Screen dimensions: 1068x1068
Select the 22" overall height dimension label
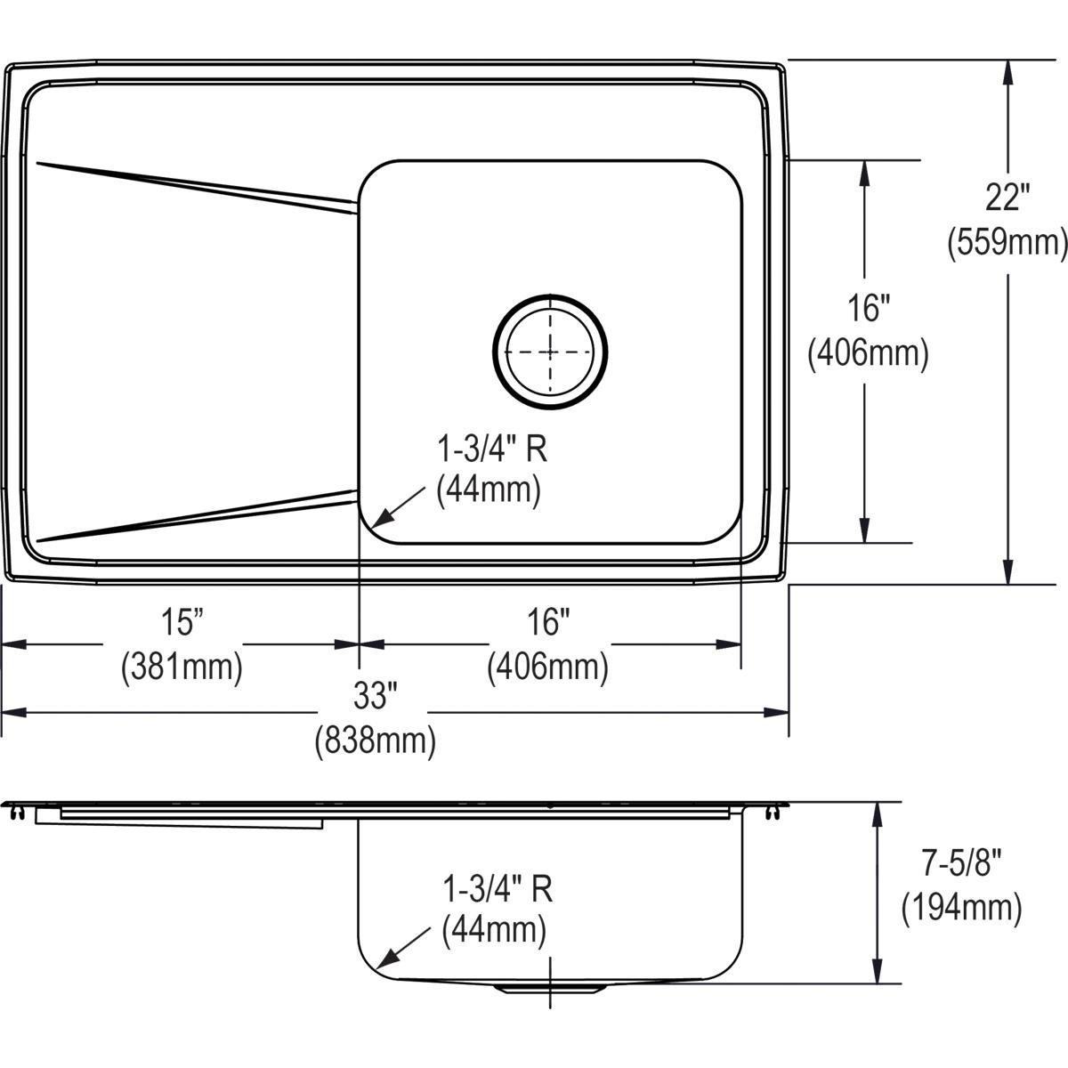tap(1007, 198)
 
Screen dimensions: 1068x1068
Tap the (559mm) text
tap(1007, 242)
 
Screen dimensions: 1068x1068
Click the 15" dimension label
tap(182, 621)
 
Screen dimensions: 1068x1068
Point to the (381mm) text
tap(182, 666)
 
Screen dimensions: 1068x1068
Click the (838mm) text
tap(375, 740)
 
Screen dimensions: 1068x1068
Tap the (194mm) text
tap(961, 908)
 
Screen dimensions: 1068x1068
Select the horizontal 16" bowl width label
tap(547, 621)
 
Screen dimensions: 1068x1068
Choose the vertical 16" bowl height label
tap(868, 309)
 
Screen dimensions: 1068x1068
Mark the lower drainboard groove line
tap(196, 515)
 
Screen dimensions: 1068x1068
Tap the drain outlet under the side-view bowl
tap(551, 988)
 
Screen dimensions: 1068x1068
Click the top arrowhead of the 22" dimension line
tap(1007, 71)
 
